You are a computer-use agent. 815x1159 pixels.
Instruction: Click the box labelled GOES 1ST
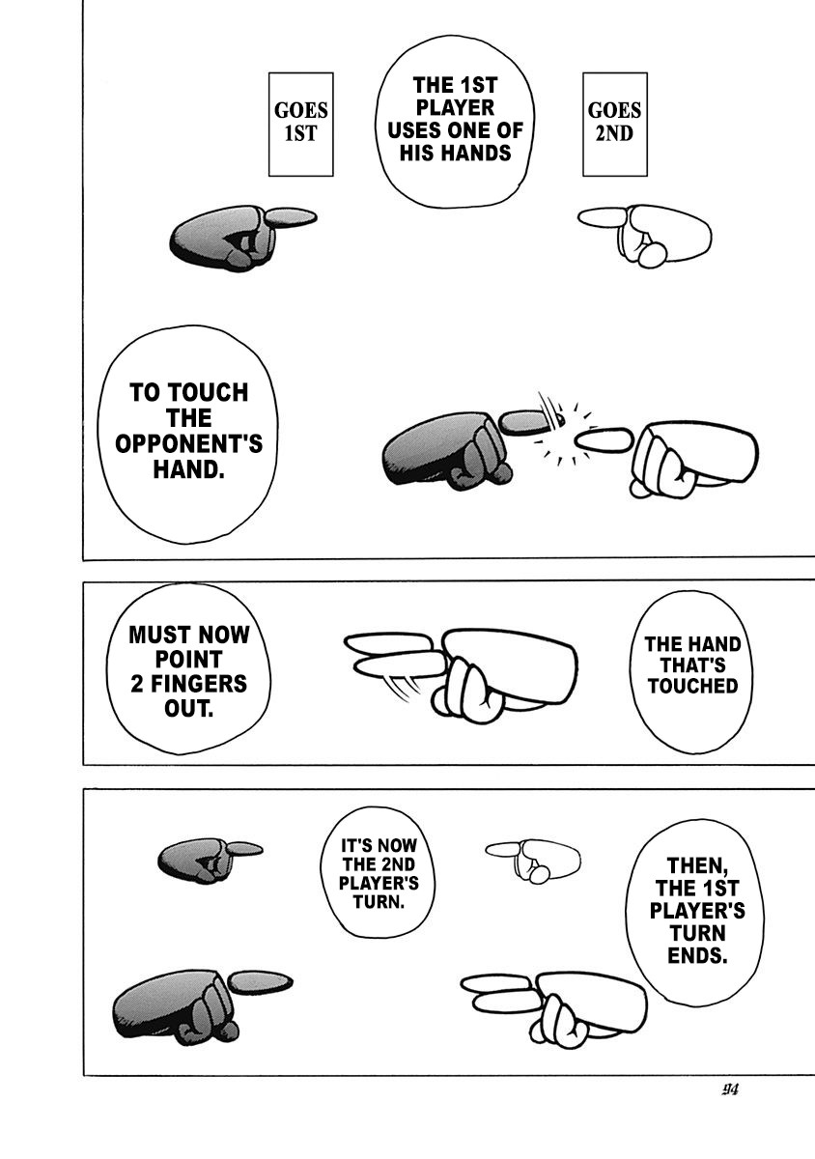click(x=300, y=125)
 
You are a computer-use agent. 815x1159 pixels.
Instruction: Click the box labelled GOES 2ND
click(x=614, y=124)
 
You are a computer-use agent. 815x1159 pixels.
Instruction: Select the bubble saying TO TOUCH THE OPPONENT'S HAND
click(x=189, y=431)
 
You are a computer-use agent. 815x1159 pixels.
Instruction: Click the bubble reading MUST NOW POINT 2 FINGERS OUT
click(x=188, y=671)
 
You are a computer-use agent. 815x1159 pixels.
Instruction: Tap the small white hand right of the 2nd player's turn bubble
click(x=533, y=858)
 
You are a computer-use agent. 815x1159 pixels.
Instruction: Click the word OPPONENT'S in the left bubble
click(x=189, y=443)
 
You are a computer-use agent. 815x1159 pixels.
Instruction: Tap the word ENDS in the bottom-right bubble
click(x=698, y=956)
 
